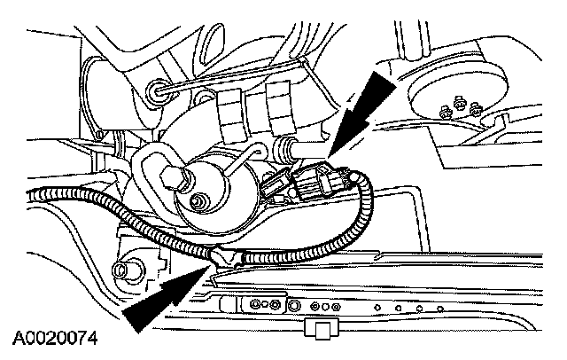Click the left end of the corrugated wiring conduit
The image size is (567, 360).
click(35, 198)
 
